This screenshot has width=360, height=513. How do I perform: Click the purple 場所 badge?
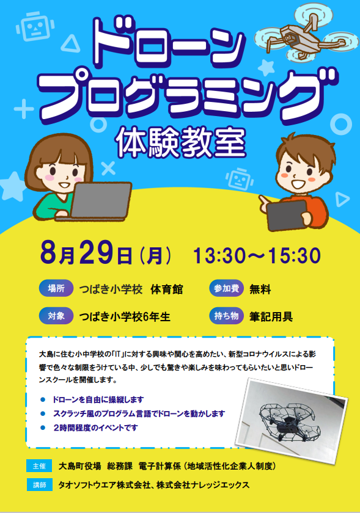[x=56, y=288]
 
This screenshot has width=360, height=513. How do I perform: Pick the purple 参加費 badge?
[x=226, y=288]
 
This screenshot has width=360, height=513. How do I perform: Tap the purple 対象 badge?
[x=56, y=316]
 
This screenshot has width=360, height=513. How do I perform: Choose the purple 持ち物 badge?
[x=226, y=316]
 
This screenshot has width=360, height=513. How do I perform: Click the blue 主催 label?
[x=39, y=466]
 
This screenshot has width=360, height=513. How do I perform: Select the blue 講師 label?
[x=39, y=484]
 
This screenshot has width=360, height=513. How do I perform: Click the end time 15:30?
[x=294, y=256]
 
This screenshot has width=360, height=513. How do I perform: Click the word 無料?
[x=260, y=289]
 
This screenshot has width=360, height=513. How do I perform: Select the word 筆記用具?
[x=271, y=317]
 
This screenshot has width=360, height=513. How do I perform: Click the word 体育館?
[x=166, y=289]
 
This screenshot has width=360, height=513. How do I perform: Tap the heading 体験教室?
[x=181, y=143]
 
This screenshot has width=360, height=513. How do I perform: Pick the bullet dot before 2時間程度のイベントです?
[x=43, y=428]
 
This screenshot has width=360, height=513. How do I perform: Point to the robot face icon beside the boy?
[x=240, y=180]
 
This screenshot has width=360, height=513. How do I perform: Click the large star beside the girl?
[x=12, y=187]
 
